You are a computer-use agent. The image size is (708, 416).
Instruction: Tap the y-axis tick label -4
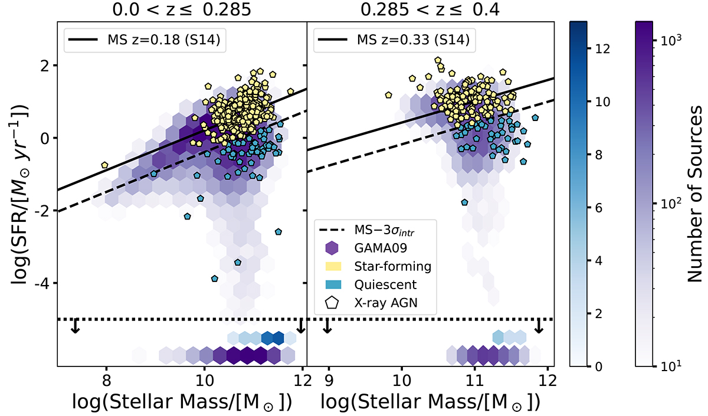[x=46, y=284]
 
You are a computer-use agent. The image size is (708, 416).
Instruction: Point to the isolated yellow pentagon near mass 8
[x=104, y=165]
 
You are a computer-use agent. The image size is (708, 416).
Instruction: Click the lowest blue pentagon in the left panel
[x=215, y=279]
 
